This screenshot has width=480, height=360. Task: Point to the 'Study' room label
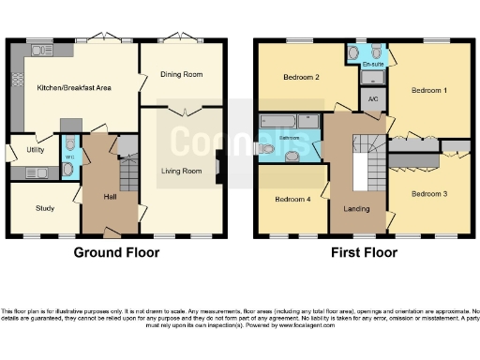45,208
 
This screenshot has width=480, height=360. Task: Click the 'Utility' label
36,149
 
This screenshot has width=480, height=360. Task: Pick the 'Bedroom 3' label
428,192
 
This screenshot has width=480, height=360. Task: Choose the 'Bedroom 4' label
292,199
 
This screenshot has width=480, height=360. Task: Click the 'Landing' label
356,208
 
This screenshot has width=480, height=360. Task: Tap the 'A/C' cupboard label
373,97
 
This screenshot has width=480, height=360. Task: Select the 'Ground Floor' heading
117,252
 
